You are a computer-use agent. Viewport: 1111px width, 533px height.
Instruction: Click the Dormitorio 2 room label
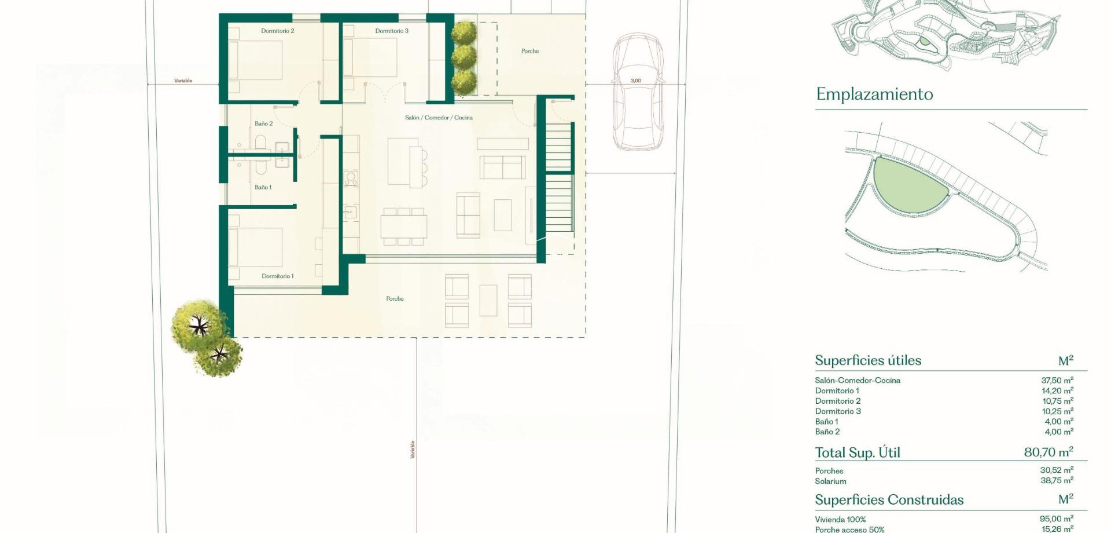(278, 31)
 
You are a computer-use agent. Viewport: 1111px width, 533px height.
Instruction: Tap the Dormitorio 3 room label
(392, 31)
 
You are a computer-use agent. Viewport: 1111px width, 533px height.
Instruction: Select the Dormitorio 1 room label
(278, 276)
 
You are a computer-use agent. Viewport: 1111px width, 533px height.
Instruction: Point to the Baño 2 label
(263, 123)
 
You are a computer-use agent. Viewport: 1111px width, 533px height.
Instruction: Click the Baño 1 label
(263, 187)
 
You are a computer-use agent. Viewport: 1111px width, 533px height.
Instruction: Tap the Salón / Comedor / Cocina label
(439, 118)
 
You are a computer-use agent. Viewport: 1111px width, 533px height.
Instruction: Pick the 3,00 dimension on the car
(636, 81)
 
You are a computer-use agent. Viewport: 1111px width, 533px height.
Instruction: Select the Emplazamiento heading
(874, 94)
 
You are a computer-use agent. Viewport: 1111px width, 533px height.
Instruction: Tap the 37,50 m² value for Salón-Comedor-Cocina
(1057, 381)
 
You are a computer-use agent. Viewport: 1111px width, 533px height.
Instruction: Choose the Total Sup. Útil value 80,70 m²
(1048, 452)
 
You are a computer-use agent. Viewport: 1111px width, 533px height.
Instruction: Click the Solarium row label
(830, 481)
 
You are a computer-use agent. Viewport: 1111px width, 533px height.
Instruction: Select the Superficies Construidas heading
(889, 500)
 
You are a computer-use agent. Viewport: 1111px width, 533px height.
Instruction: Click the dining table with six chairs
(404, 226)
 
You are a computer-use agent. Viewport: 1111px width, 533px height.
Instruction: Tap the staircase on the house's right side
(559, 180)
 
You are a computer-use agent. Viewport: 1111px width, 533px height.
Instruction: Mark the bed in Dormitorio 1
(256, 247)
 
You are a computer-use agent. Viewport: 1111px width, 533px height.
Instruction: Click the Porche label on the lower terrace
(395, 298)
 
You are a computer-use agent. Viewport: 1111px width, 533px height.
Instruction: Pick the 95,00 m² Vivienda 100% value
(1056, 519)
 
